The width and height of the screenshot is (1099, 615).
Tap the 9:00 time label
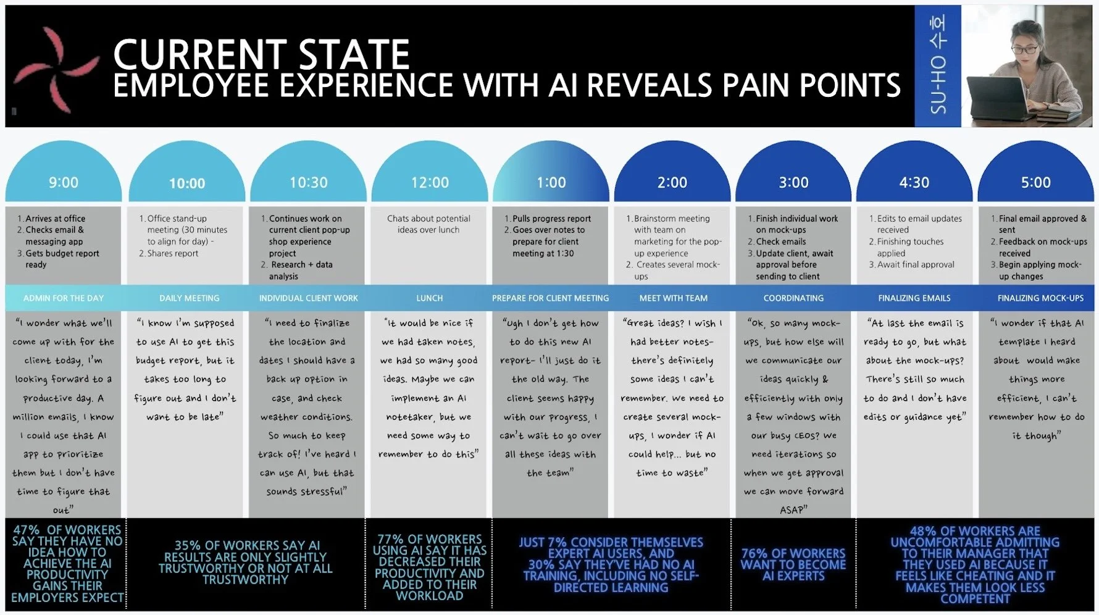pos(64,183)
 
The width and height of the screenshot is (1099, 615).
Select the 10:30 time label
pos(309,183)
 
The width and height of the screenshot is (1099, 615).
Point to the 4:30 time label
pos(914,183)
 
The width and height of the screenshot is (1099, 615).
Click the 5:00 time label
pos(1035,183)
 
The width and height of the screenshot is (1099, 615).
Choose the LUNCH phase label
pos(429,298)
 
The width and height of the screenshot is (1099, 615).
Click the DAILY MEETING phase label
pos(189,298)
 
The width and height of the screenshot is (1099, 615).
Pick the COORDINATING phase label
pos(793,298)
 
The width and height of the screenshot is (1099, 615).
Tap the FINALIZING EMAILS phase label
pos(914,298)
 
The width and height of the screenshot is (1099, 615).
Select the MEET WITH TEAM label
pos(673,298)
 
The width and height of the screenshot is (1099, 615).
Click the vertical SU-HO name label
pos(938,65)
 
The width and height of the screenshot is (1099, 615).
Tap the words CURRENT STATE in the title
pos(261,54)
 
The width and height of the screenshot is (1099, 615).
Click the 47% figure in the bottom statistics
pos(27,530)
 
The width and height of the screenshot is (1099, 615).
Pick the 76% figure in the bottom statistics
pos(754,554)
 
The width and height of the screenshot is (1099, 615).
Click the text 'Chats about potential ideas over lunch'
pos(428,224)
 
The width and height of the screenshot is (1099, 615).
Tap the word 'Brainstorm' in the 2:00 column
pos(655,219)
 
